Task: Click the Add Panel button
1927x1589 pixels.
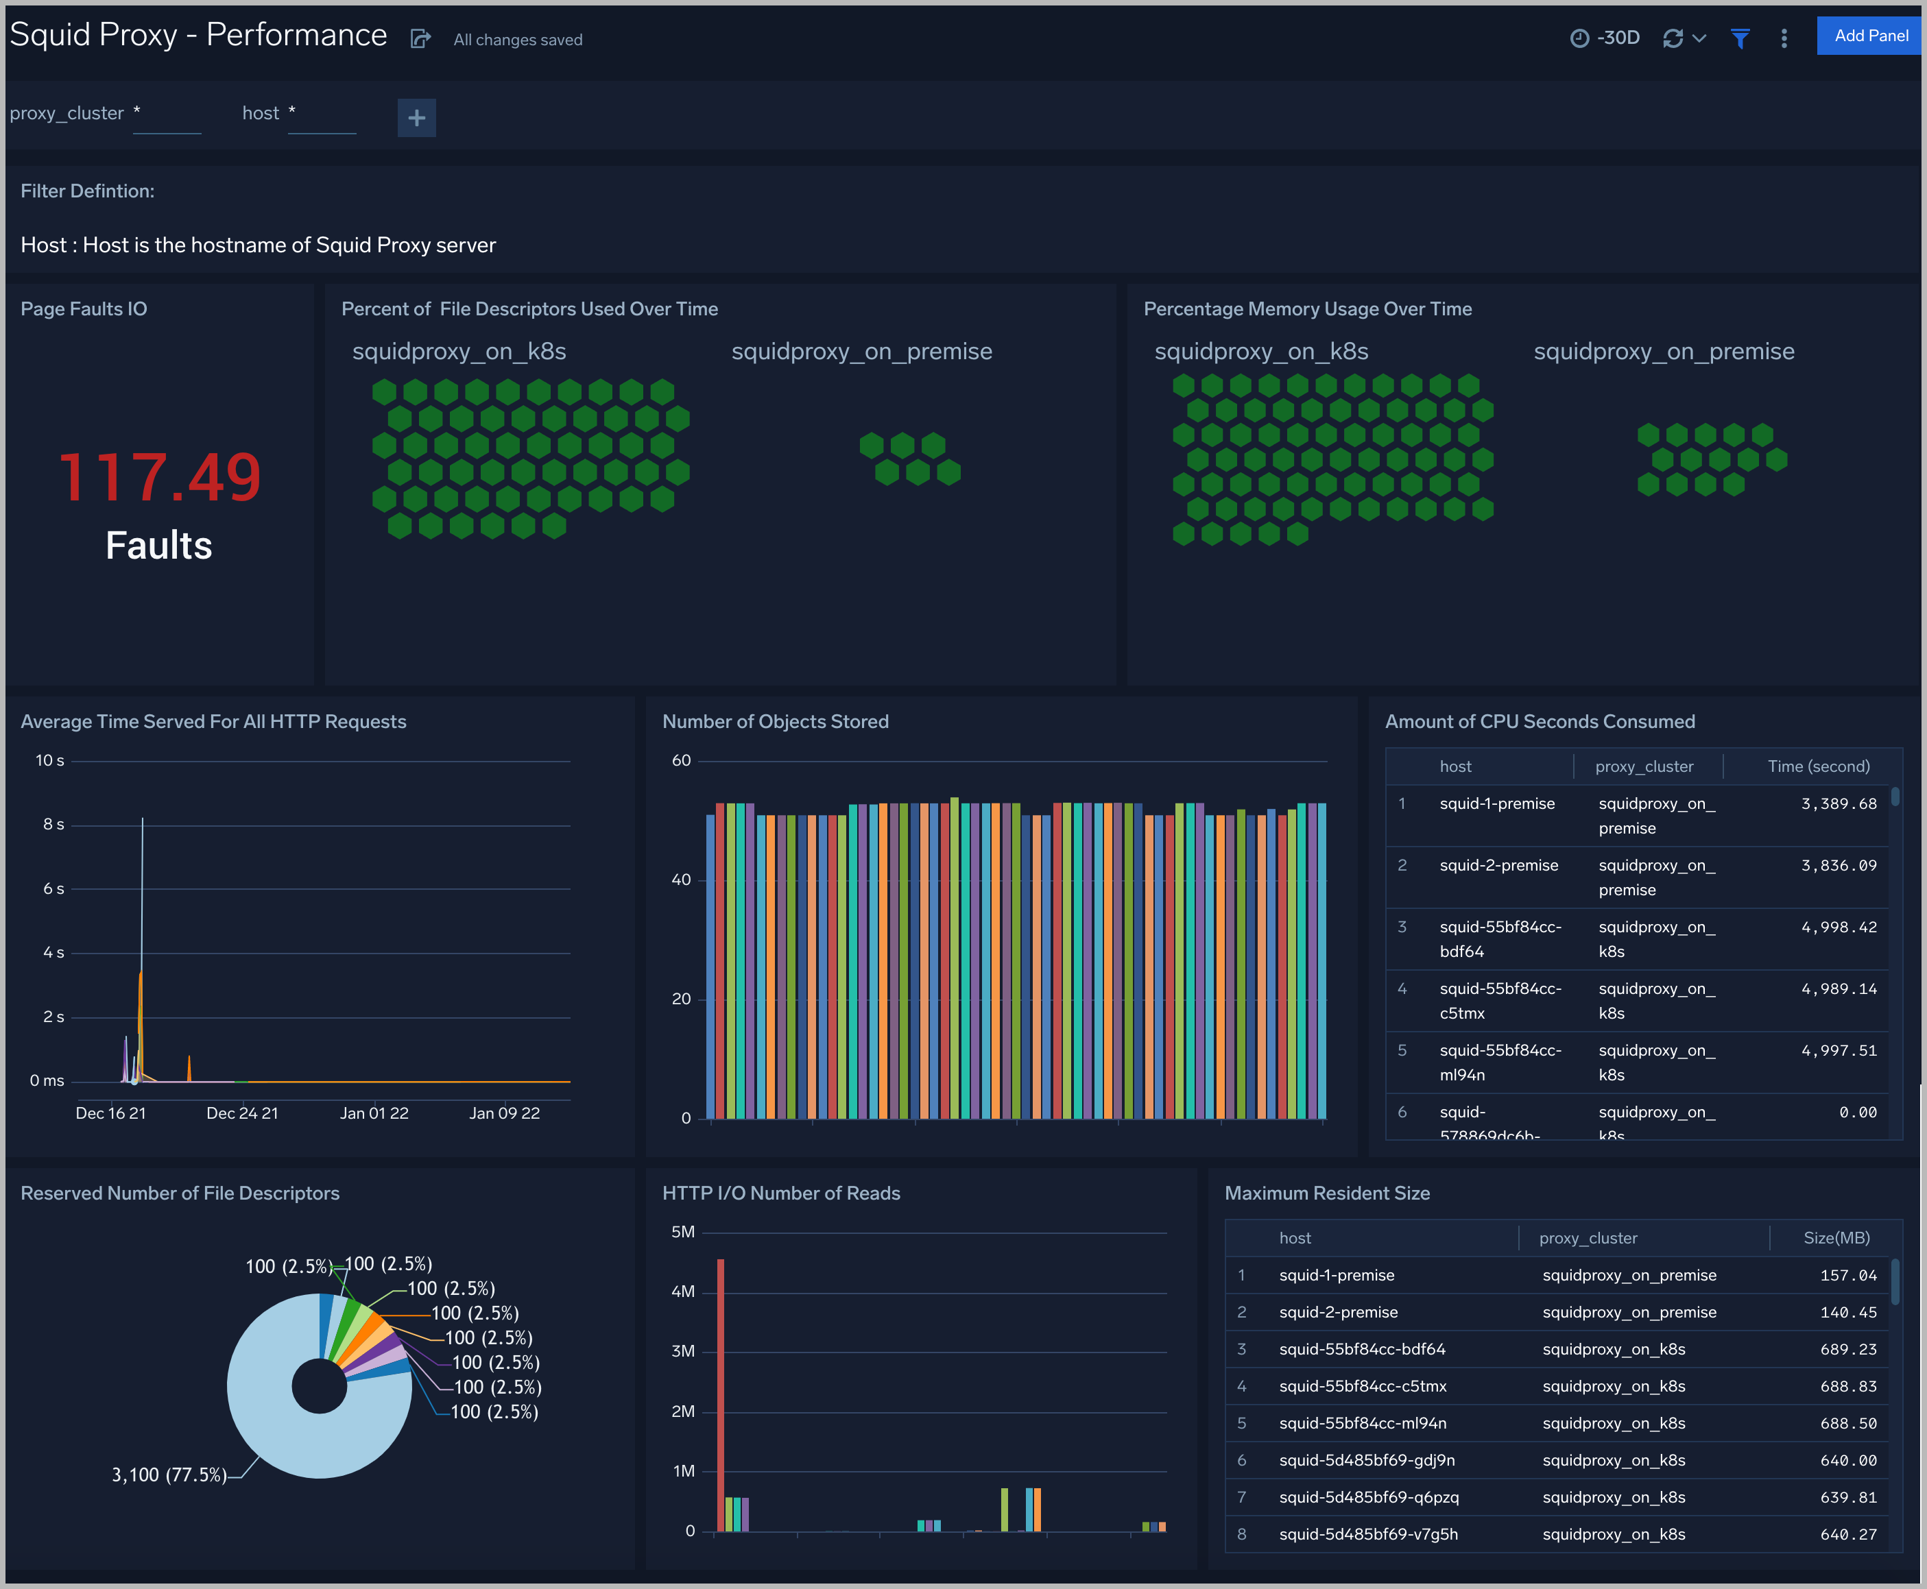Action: (x=1870, y=36)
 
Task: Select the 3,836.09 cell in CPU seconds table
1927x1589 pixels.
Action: (x=1839, y=865)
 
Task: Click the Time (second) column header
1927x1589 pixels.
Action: (x=1817, y=766)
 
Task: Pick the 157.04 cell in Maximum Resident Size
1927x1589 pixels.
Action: (x=1847, y=1275)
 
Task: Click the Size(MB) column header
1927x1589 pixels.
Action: (x=1836, y=1237)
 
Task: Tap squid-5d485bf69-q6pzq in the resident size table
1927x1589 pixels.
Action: (x=1369, y=1496)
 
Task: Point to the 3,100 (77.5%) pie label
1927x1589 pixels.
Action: (x=169, y=1475)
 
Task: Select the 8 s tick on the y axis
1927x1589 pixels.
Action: (x=53, y=825)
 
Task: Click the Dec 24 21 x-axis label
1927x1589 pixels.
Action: (x=241, y=1113)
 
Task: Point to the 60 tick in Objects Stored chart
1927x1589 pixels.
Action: (x=681, y=761)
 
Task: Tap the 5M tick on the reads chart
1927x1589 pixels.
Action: (x=683, y=1232)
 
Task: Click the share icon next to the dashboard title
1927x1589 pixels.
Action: (x=420, y=38)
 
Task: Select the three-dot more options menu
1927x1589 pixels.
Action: (x=1783, y=38)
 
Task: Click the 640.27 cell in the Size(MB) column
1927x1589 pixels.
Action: (x=1847, y=1534)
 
